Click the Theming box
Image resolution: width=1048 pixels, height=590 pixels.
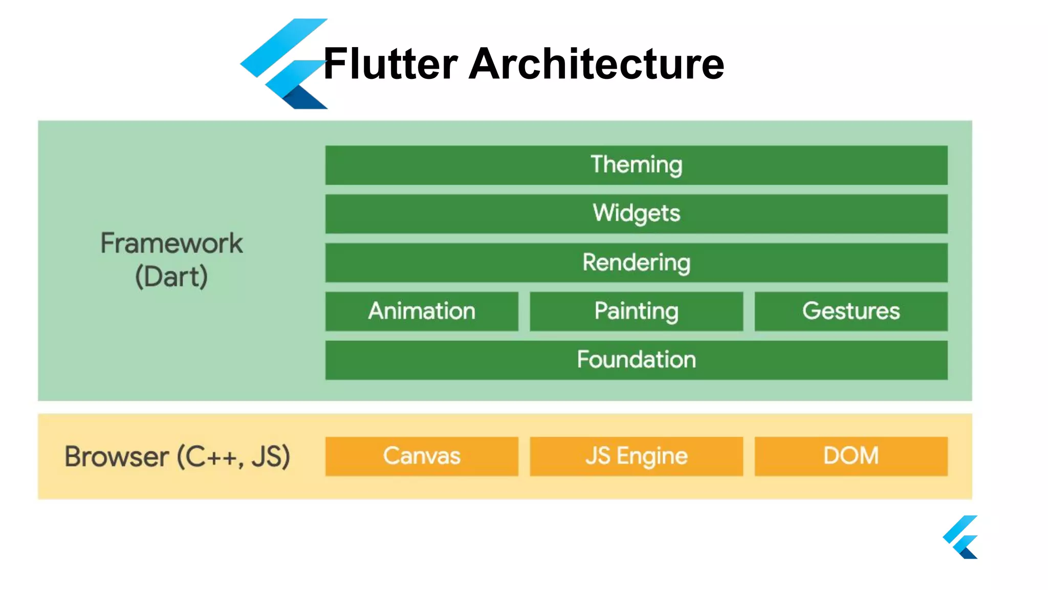click(636, 165)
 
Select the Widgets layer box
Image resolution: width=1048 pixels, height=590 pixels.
click(636, 214)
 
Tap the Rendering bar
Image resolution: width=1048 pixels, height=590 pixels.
click(636, 262)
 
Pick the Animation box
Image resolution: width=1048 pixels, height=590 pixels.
click(422, 311)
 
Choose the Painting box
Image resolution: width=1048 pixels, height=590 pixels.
click(636, 311)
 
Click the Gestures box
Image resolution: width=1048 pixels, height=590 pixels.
click(850, 311)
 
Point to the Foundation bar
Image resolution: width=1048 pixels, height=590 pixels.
click(636, 360)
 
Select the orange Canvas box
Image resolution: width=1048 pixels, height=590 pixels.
click(422, 456)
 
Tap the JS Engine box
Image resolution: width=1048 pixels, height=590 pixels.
click(636, 456)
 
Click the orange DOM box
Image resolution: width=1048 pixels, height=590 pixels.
click(850, 456)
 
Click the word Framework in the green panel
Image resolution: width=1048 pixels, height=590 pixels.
click(171, 243)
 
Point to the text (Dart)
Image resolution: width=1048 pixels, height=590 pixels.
click(171, 277)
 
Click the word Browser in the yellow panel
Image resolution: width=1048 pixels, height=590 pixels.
click(117, 457)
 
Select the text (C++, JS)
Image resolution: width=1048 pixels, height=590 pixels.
click(234, 457)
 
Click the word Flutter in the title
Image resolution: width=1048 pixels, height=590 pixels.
click(390, 64)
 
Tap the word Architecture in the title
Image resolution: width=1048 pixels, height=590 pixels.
click(596, 64)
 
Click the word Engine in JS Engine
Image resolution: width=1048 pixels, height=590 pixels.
click(652, 456)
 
